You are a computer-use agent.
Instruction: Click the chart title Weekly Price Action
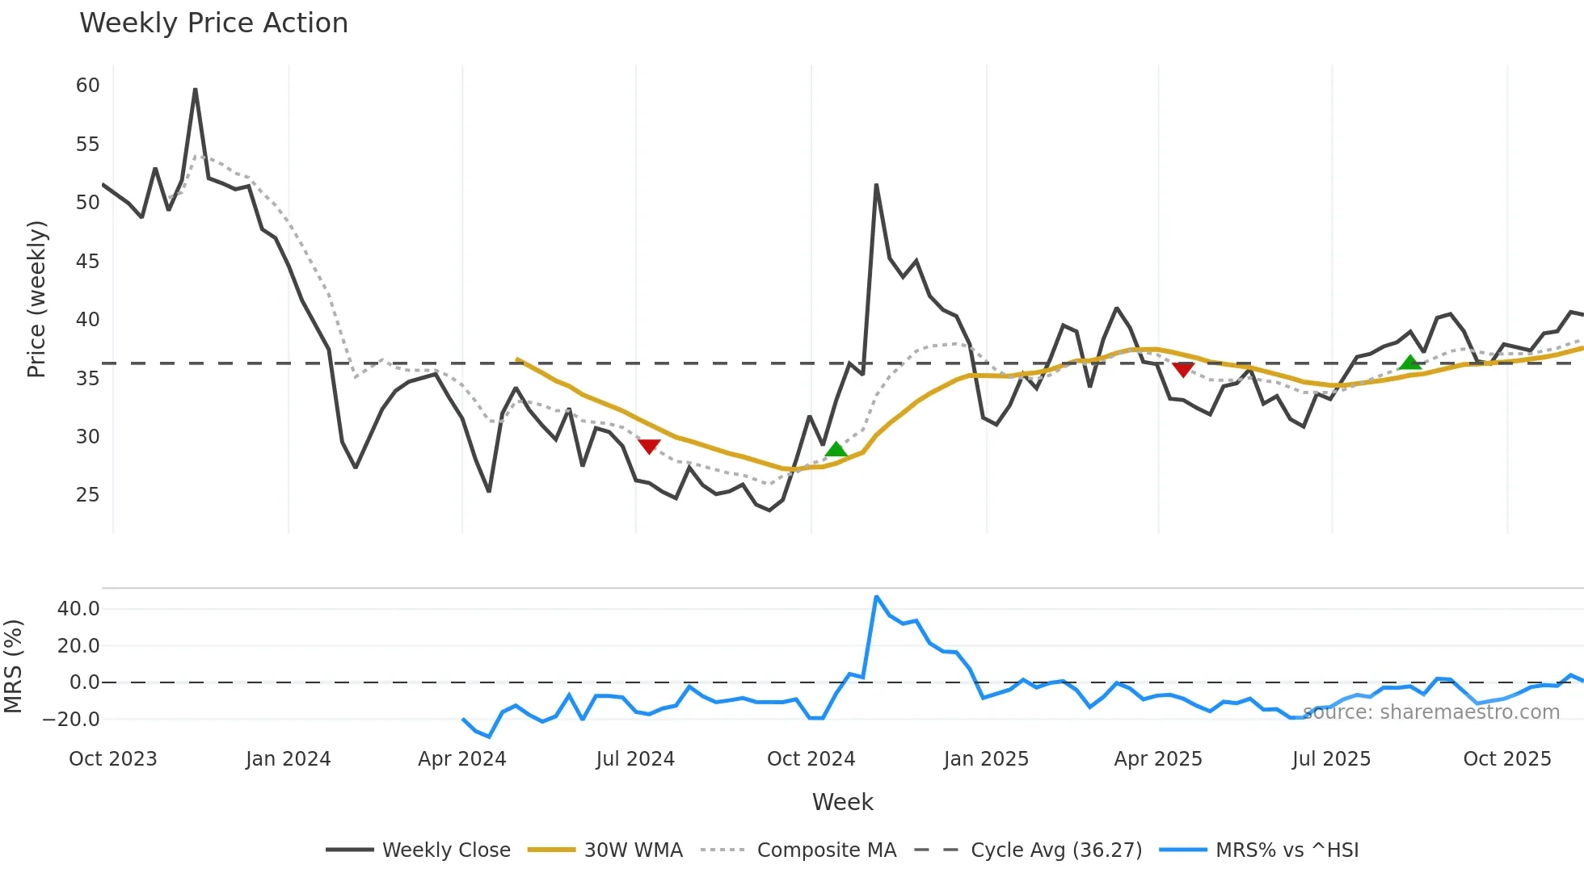click(x=213, y=23)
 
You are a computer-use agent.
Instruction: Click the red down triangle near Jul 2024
click(x=649, y=446)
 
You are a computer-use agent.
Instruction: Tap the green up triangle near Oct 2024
click(x=836, y=449)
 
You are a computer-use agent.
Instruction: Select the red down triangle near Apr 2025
click(x=1183, y=370)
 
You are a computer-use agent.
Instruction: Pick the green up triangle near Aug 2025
click(x=1409, y=363)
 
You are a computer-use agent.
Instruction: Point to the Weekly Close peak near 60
click(x=195, y=90)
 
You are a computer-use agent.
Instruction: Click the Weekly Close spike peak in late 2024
click(x=876, y=185)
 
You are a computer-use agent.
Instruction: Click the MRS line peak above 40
click(x=876, y=597)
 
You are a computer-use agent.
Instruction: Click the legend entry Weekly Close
click(x=418, y=850)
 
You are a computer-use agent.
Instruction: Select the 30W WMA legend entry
click(x=605, y=850)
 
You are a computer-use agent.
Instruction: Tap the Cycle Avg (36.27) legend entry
click(x=1028, y=850)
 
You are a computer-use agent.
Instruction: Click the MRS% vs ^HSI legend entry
click(x=1259, y=850)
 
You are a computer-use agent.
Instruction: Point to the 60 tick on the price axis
click(x=87, y=86)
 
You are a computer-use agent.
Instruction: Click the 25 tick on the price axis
click(x=87, y=495)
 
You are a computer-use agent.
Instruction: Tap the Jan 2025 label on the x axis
click(x=986, y=759)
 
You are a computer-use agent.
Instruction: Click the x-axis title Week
click(x=842, y=802)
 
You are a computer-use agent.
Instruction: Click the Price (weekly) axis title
click(x=37, y=299)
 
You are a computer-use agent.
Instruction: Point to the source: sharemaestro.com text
click(x=1431, y=712)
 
